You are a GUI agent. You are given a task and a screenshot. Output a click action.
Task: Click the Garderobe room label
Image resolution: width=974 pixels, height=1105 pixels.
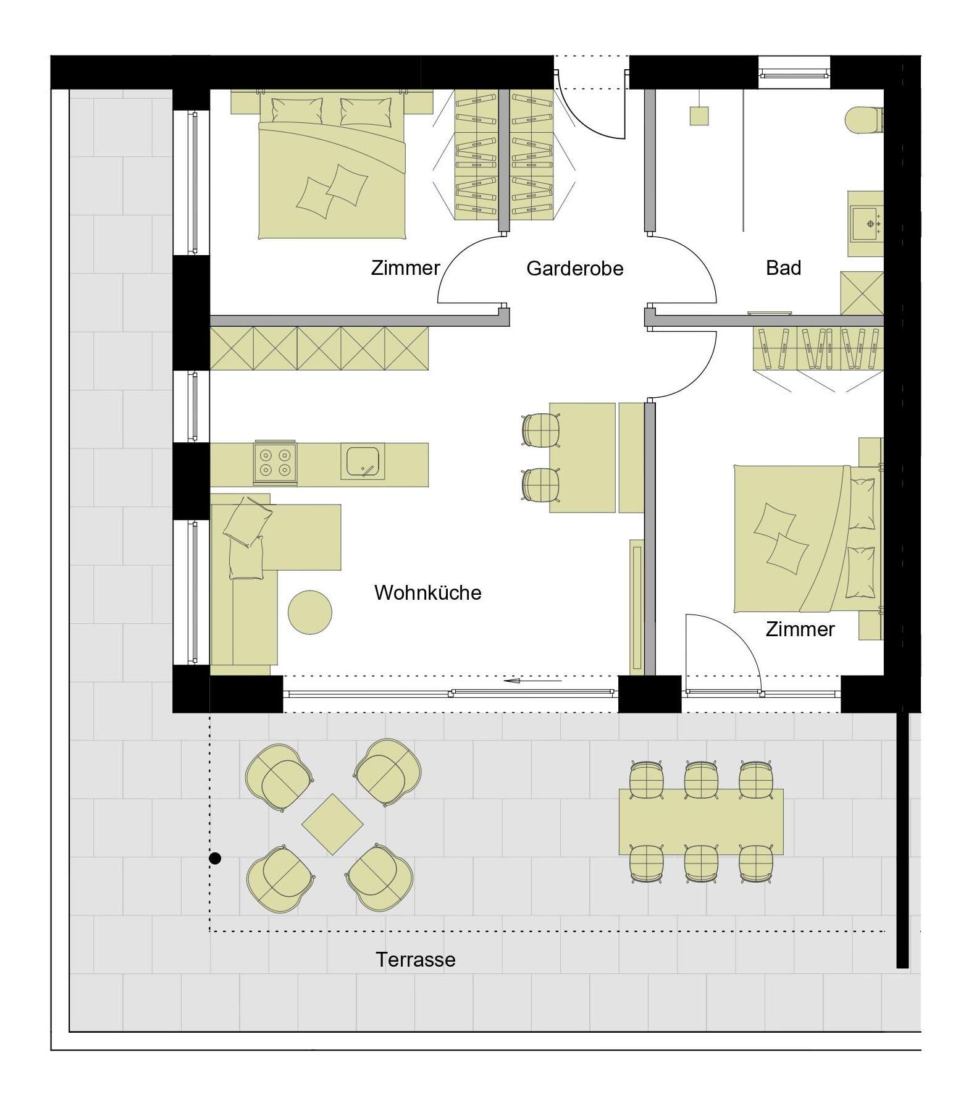574,269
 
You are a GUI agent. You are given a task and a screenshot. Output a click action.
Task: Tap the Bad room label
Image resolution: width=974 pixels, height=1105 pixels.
783,267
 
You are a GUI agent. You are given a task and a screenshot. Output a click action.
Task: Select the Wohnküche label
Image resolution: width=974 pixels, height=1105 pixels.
427,592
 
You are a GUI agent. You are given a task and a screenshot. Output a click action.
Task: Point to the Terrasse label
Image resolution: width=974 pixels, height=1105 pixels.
415,959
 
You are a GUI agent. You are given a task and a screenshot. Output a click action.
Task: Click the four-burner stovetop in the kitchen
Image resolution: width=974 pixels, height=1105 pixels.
275,463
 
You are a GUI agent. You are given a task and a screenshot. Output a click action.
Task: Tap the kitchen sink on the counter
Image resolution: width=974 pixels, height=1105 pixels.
362,461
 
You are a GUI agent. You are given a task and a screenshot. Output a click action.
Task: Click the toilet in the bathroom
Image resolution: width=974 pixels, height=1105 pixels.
863,119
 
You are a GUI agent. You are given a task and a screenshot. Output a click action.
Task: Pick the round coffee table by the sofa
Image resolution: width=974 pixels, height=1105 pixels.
310,612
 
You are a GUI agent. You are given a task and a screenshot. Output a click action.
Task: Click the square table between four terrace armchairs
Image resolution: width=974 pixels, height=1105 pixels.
332,825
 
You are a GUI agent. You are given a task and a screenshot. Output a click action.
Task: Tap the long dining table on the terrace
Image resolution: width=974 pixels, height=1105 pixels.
701,821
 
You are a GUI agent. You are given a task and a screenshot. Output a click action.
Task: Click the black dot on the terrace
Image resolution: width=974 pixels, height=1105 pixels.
215,858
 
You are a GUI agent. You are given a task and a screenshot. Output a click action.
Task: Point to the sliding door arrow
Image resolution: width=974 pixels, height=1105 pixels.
532,681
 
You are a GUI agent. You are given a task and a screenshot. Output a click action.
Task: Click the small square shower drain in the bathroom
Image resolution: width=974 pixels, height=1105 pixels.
699,116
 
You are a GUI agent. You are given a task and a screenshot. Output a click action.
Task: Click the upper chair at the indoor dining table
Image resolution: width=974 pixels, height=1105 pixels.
541,429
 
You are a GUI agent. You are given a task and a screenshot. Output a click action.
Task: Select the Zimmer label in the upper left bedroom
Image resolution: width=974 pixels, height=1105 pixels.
405,267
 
